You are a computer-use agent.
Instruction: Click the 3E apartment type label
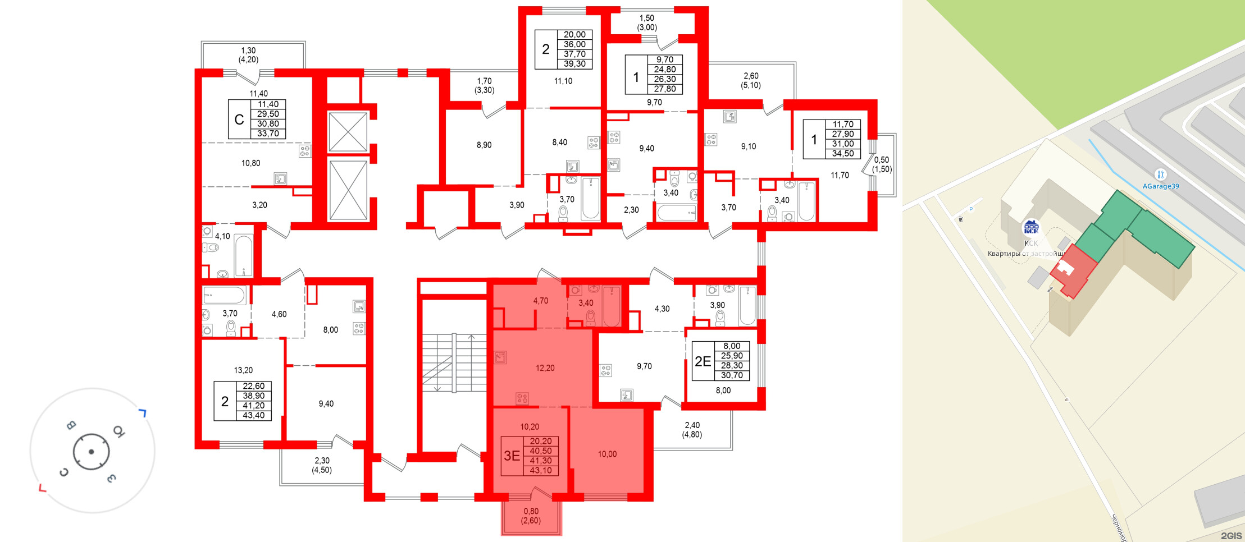(x=512, y=456)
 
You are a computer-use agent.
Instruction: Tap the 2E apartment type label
(x=703, y=361)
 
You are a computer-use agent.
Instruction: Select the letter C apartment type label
(x=239, y=120)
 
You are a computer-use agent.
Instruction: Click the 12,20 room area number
(x=545, y=368)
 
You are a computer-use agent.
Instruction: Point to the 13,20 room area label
(x=243, y=370)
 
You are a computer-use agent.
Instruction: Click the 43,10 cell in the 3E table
(x=541, y=471)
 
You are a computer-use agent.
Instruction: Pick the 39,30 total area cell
(x=574, y=64)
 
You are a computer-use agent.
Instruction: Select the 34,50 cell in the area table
(x=843, y=154)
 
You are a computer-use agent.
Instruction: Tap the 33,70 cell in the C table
(x=268, y=134)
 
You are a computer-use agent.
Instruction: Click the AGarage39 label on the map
(x=1161, y=186)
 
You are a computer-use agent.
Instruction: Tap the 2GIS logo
(x=1230, y=536)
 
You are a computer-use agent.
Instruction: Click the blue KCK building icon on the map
(x=1031, y=227)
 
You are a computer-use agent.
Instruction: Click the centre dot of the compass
(x=91, y=452)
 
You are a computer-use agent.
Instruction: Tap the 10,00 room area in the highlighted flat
(x=607, y=454)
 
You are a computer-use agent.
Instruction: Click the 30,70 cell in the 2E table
(x=732, y=375)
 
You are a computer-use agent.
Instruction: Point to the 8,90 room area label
(x=484, y=145)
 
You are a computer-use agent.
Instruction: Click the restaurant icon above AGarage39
(x=1160, y=174)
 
